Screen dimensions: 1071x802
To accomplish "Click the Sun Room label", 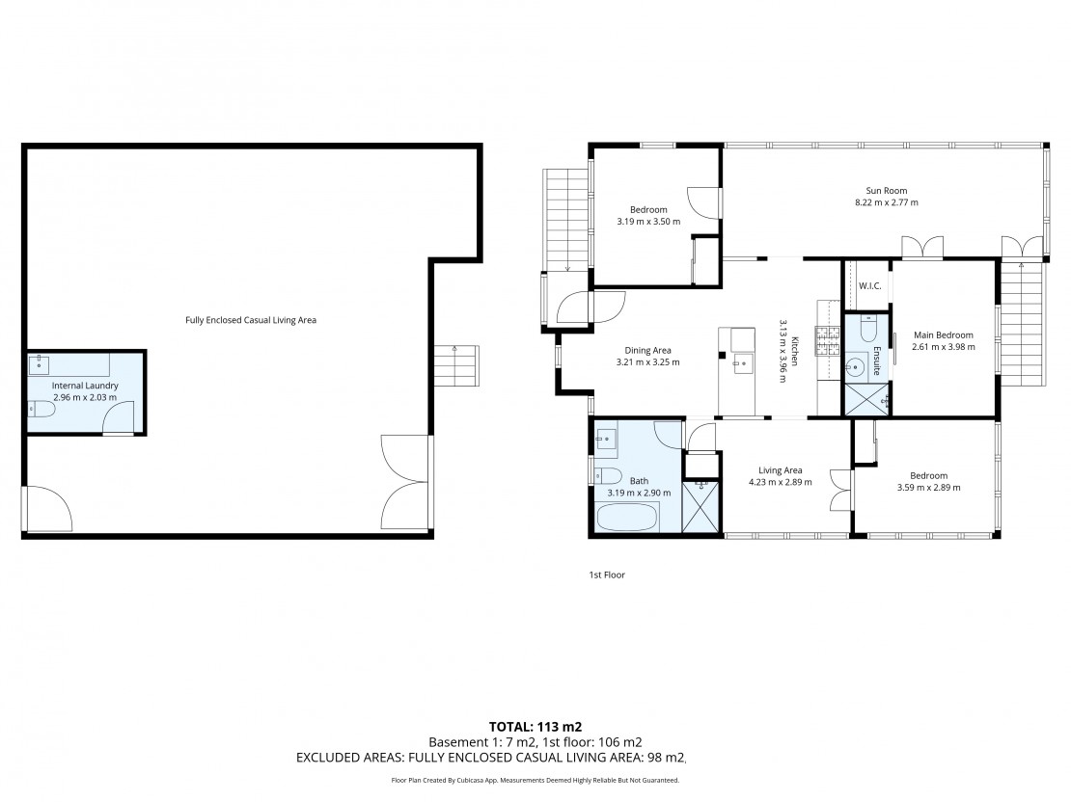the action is pos(886,191).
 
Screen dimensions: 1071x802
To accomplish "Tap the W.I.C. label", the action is pos(869,286).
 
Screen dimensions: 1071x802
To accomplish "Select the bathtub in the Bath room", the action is pos(628,517).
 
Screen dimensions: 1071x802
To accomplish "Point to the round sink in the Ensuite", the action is pos(853,368).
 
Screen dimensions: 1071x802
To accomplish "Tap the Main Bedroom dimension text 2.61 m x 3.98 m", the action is pos(944,347).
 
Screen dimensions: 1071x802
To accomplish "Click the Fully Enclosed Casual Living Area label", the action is pos(251,320).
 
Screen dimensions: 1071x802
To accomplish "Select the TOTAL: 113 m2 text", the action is pos(535,727).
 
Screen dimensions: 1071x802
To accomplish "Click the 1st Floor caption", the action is pos(607,575).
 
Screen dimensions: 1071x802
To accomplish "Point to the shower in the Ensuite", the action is pos(867,399).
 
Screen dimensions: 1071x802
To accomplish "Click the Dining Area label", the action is pos(647,351).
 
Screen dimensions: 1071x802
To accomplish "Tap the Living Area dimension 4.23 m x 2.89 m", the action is pos(780,482).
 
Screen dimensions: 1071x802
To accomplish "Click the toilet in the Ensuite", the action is pos(867,329).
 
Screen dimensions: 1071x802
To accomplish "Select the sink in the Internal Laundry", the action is pos(40,363).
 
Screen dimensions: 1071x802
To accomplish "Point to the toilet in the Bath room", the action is pos(607,474).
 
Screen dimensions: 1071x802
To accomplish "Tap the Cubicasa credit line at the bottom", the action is pos(535,780).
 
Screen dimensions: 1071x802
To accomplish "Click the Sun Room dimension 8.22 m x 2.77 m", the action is pos(887,202).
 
